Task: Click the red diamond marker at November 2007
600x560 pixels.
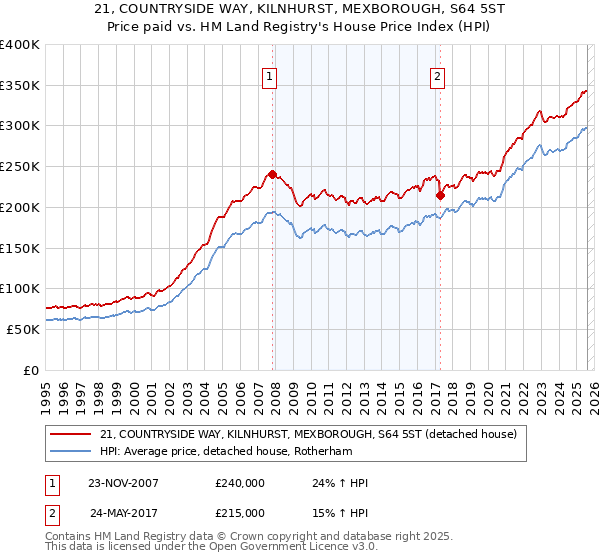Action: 272,174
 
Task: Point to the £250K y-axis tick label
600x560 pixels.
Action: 20,167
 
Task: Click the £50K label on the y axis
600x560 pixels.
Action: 23,329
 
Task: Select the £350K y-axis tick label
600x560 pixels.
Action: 20,86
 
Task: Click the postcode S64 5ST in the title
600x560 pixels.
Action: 431,9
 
